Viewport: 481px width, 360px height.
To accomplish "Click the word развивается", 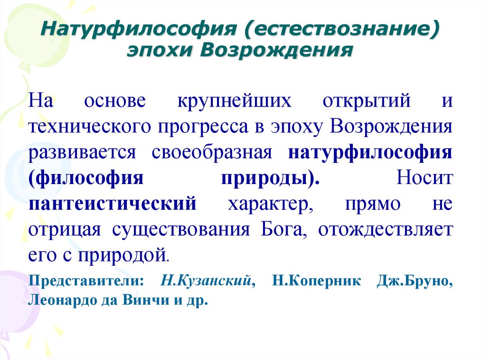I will pyautogui.click(x=82, y=153).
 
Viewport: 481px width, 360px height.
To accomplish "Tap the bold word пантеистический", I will pyautogui.click(x=112, y=204).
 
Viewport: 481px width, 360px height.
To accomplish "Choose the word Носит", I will pyautogui.click(x=424, y=179).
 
